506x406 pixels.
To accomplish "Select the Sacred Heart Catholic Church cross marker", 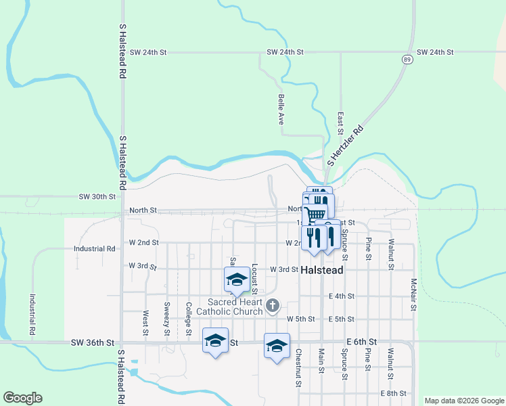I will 272,306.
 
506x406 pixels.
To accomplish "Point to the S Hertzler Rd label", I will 345,145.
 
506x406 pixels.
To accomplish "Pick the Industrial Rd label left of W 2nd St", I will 94,248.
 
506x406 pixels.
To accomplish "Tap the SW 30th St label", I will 97,196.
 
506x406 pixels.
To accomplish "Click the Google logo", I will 22,398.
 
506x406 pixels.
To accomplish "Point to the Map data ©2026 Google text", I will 463,401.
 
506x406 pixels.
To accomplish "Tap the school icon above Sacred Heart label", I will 237,280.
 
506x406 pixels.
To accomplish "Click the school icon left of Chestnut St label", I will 277,346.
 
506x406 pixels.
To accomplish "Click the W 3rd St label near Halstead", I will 284,269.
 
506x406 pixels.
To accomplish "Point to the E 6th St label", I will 361,343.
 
